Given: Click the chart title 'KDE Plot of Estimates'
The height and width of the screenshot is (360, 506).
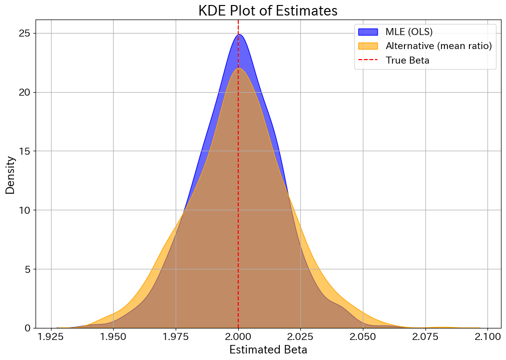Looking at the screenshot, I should [x=268, y=11].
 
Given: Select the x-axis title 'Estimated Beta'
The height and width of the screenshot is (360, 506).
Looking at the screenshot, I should [x=268, y=349].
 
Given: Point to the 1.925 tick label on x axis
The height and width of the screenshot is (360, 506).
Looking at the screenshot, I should [x=51, y=335].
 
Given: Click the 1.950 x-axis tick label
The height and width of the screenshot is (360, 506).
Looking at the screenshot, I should [x=114, y=335].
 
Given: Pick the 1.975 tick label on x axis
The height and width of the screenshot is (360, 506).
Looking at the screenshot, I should [x=176, y=335].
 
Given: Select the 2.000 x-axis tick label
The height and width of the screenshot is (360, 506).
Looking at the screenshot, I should [x=238, y=335].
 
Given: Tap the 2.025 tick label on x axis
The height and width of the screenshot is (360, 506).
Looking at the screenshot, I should [x=300, y=335].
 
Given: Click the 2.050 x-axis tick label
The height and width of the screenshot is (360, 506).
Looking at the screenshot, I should [x=363, y=335].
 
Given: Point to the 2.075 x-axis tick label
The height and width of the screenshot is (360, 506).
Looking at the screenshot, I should [x=425, y=335].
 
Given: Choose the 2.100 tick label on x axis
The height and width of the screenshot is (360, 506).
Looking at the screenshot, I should [x=487, y=335].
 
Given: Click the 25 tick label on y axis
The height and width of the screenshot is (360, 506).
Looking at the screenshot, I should [x=25, y=34].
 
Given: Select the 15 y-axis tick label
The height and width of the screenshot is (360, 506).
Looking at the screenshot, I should [x=25, y=151].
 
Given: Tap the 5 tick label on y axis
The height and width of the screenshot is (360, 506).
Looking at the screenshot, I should [x=28, y=269].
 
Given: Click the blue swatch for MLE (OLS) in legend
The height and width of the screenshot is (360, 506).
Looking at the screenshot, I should [x=368, y=32].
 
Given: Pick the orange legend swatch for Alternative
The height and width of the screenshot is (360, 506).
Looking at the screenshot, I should [x=368, y=46].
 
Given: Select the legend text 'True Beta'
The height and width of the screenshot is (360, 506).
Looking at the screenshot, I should [x=407, y=61].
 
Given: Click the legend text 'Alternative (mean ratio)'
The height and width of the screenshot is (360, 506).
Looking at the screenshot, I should [x=438, y=46].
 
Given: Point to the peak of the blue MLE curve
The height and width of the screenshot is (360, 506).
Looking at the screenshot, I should [x=239, y=35].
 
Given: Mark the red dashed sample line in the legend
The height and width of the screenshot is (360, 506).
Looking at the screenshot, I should [x=368, y=61].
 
